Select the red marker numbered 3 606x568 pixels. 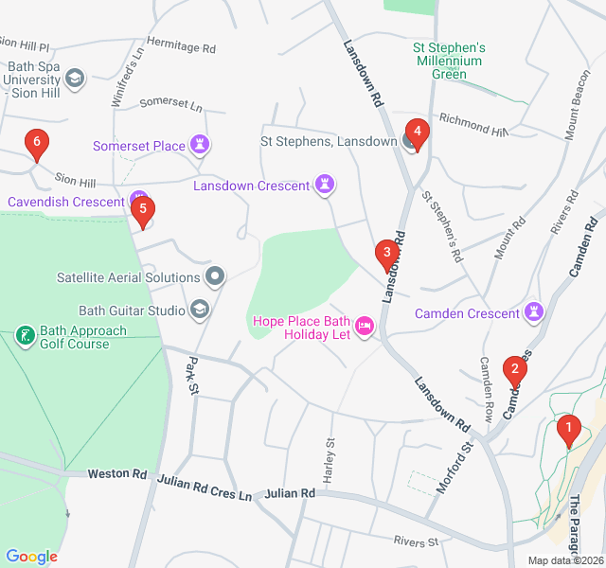[x=386, y=253]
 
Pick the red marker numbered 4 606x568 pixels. [x=416, y=132]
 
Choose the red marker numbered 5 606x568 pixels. [x=142, y=209]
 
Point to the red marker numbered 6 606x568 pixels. [x=37, y=144]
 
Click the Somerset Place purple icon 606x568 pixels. [x=200, y=146]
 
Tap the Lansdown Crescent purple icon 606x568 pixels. [x=325, y=186]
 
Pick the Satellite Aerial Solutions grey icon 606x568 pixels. [x=216, y=277]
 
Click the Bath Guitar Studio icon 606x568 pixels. [x=200, y=310]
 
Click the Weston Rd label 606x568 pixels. [x=117, y=473]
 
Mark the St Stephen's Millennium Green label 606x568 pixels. [x=449, y=61]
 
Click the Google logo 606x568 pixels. [x=32, y=557]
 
